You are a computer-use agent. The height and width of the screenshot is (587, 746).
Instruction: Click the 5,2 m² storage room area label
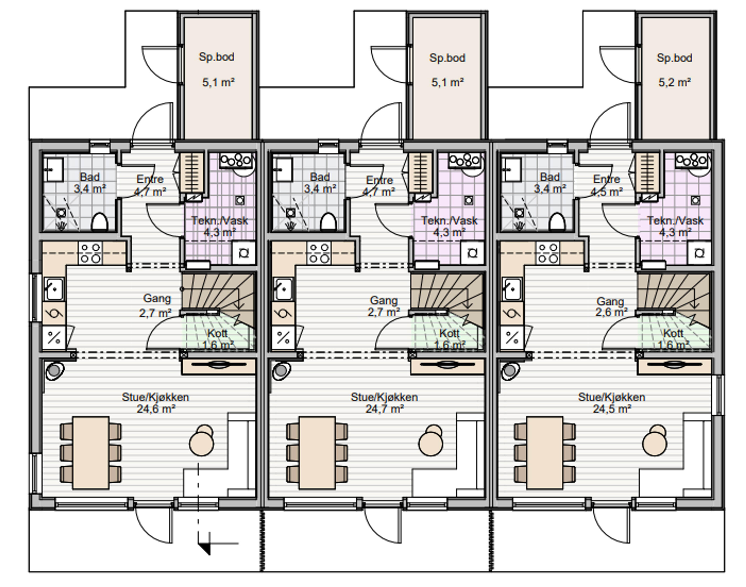point(675,82)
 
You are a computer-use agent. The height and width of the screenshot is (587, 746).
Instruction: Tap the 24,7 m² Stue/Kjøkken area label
point(384,409)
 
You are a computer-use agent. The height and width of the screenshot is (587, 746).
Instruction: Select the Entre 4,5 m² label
point(607,185)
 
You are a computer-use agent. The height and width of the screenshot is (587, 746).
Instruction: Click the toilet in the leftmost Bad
point(99,222)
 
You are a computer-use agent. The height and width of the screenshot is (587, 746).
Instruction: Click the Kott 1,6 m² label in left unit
point(218,339)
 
